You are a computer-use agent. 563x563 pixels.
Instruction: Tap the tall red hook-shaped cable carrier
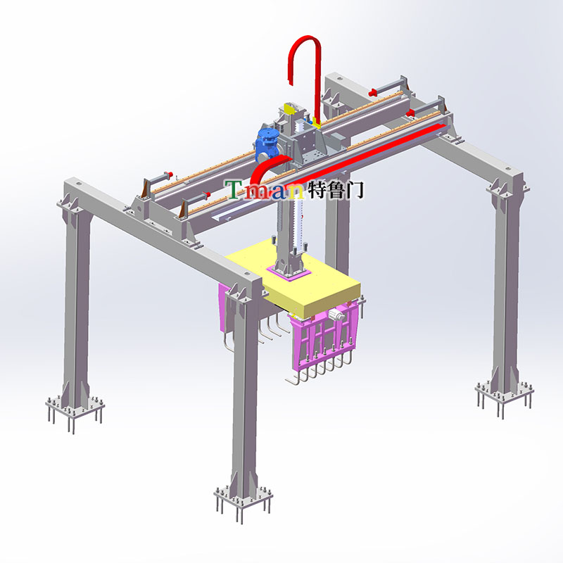[x=317, y=72]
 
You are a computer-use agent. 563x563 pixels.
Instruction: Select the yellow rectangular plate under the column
[x=293, y=278]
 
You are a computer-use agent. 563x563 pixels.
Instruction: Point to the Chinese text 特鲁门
[x=336, y=189]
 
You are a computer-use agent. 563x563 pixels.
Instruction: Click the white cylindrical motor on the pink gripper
[x=336, y=316]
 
